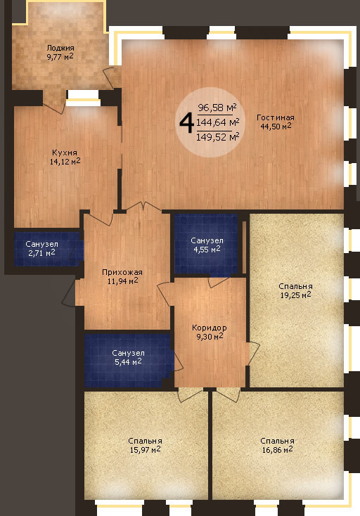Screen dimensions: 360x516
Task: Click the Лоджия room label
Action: click(60, 48)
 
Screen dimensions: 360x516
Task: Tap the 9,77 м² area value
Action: click(60, 56)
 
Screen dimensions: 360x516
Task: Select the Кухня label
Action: click(65, 153)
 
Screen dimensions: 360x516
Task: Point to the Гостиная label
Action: click(276, 117)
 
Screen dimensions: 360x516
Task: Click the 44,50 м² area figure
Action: click(276, 126)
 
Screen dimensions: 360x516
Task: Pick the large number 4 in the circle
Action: click(186, 123)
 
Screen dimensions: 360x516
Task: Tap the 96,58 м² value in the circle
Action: click(217, 108)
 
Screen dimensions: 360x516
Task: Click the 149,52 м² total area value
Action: click(217, 137)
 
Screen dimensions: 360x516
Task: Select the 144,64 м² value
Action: click(217, 122)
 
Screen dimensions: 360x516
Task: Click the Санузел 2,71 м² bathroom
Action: click(46, 249)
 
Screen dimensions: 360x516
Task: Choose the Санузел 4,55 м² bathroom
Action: click(206, 244)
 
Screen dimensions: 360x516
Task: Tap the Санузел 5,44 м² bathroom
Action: click(129, 361)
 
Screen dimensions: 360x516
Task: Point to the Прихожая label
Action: click(122, 273)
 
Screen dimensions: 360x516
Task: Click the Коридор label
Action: click(210, 328)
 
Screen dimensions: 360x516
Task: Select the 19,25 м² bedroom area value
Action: click(295, 295)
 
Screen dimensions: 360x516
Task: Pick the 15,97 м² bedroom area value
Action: click(145, 449)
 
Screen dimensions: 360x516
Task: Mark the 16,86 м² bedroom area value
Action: click(277, 449)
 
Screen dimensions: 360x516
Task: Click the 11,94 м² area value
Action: click(122, 280)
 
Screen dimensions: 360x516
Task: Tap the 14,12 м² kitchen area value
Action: click(65, 161)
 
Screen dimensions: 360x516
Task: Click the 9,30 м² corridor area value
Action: click(210, 336)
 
